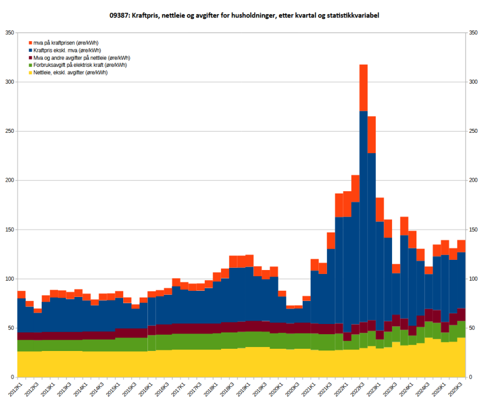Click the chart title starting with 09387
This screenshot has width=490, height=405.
[244, 16]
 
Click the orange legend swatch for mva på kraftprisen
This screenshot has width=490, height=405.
[30, 43]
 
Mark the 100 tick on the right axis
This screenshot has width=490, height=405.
[474, 279]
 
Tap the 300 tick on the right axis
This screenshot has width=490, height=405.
[474, 82]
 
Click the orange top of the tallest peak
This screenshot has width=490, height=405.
[363, 87]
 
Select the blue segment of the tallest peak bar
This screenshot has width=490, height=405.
[363, 214]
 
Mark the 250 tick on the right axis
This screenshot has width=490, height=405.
[474, 131]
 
